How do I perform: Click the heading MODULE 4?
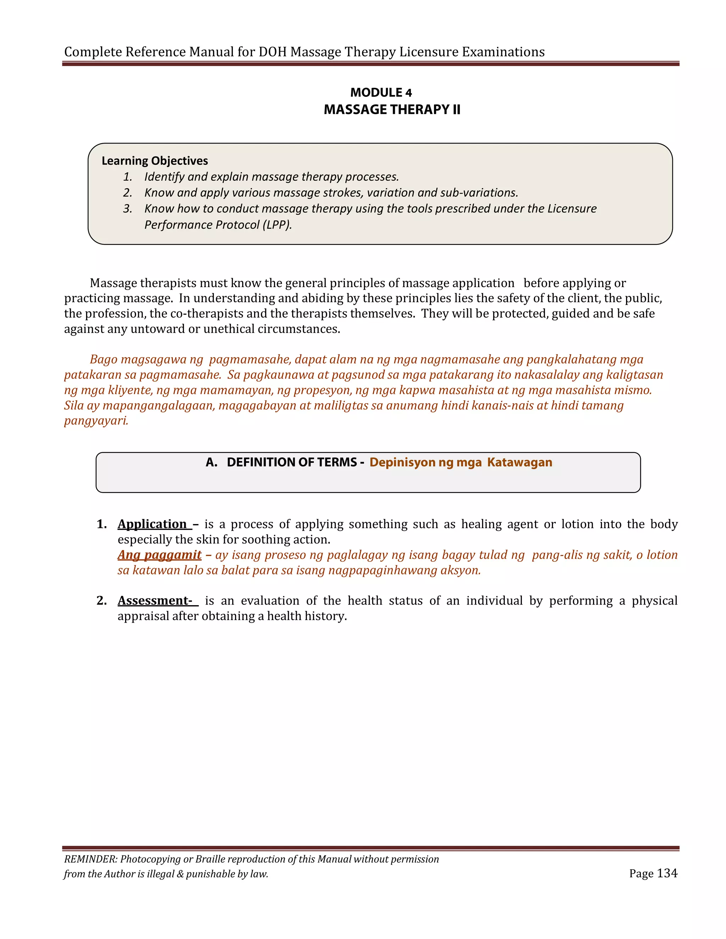pos(381,92)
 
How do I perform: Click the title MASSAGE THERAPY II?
pos(392,109)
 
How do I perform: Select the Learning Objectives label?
pos(155,161)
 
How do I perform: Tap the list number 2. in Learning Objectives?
pos(128,193)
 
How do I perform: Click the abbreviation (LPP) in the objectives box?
pos(278,225)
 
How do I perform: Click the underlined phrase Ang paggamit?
pos(160,555)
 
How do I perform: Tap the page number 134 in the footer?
pos(667,873)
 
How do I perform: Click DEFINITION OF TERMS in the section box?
pos(292,462)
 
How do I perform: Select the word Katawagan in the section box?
pos(520,462)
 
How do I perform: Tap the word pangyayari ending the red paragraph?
pos(96,421)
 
